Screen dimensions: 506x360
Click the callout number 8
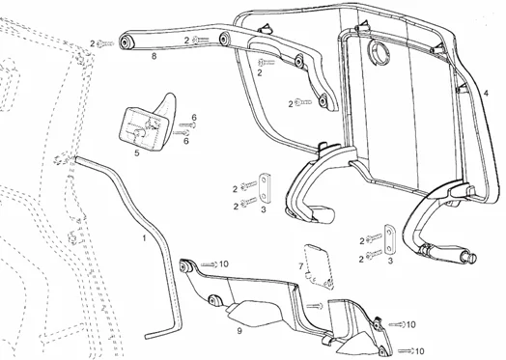coord(154,58)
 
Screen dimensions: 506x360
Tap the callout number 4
coord(486,93)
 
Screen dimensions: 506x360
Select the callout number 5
coord(136,152)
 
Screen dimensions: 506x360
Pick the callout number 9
coord(239,331)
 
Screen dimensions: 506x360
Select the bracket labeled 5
coord(144,123)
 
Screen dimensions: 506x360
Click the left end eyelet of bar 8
coord(126,42)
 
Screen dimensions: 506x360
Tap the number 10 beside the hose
coord(222,263)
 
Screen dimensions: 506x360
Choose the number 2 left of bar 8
coord(92,43)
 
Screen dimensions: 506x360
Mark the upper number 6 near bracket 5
coord(193,118)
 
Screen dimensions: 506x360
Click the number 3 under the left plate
coord(263,208)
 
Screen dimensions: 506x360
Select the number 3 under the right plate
coord(389,261)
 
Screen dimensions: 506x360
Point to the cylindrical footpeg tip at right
coord(472,258)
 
